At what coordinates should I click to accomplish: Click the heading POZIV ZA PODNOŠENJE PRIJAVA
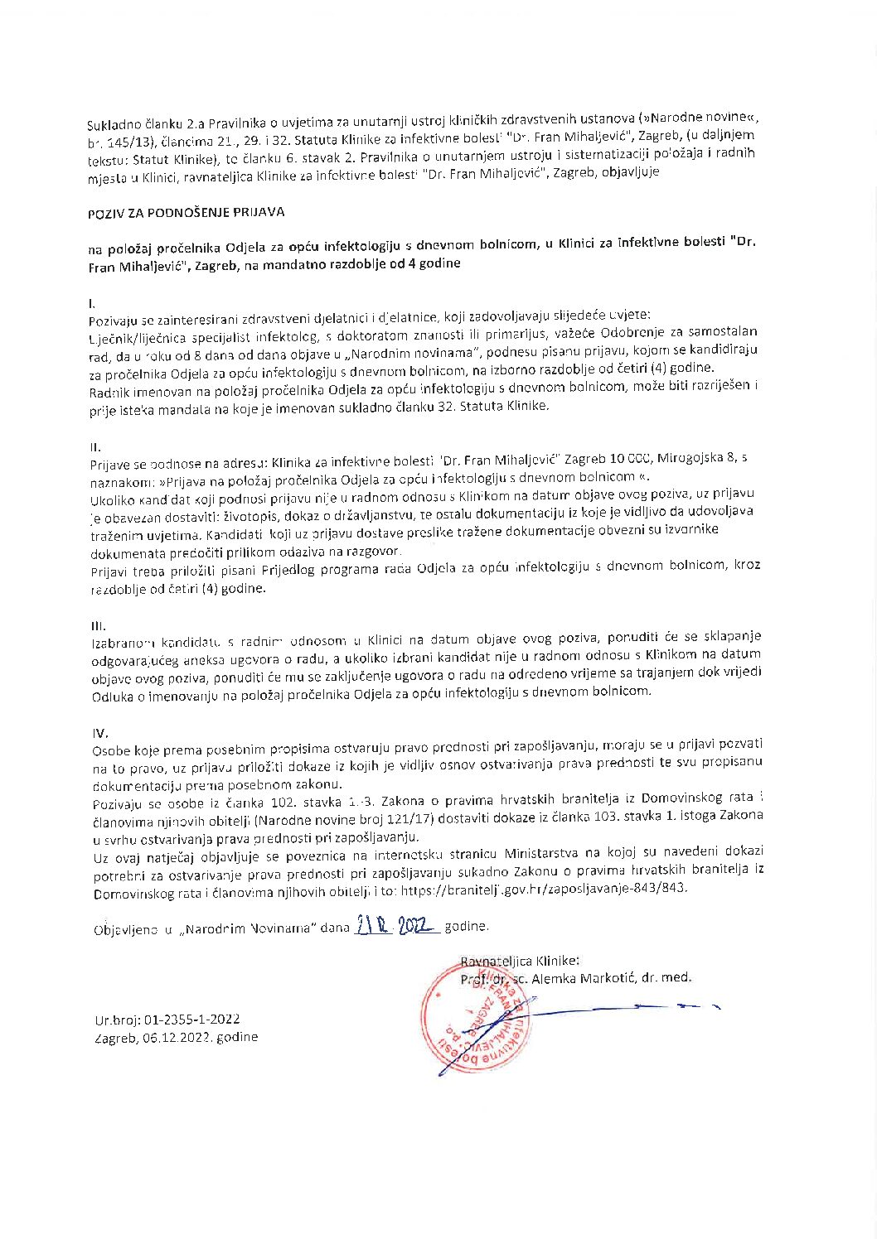186,213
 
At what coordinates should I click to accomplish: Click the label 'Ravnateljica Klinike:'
520,961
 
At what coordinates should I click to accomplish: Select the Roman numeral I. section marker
92,303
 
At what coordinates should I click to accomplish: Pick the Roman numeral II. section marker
95,446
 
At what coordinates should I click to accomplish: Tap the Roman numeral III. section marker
98,625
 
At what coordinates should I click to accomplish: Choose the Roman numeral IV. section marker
99,733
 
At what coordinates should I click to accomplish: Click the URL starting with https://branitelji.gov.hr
543,889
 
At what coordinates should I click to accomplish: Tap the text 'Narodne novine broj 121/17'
331,821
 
